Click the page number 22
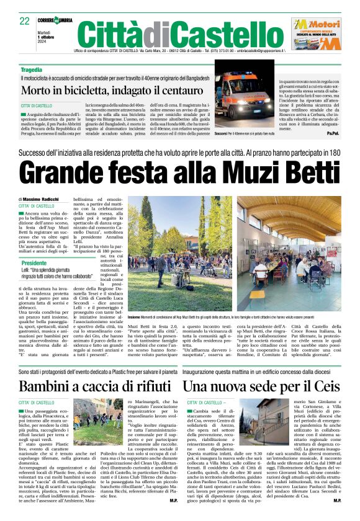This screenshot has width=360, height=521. (25, 20)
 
